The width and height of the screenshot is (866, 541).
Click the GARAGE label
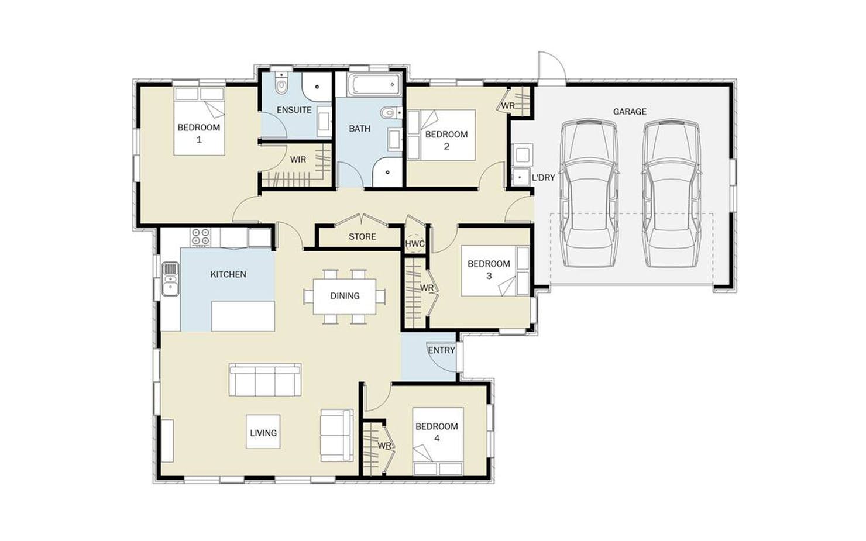(630, 112)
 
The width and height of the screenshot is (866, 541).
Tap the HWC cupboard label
(415, 244)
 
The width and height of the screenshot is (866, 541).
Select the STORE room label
(362, 236)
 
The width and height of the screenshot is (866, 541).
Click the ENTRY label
(442, 350)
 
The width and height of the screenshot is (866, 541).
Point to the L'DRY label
(544, 178)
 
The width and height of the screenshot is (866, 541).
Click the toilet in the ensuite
(281, 85)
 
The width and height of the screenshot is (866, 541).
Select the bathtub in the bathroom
(374, 85)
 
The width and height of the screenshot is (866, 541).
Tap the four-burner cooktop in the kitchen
(201, 237)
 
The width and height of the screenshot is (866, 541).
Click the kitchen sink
(170, 279)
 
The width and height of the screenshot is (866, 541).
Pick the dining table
(345, 297)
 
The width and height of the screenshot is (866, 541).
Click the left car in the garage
(589, 193)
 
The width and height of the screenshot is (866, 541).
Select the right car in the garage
(672, 193)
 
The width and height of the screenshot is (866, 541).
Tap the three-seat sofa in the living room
(265, 380)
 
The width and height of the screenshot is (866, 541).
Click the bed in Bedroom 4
(438, 442)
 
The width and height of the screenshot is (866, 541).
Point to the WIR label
(298, 160)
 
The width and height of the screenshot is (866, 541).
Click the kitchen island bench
(243, 316)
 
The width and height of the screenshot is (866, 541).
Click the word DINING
(345, 296)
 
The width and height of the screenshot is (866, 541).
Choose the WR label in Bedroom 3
(427, 288)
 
